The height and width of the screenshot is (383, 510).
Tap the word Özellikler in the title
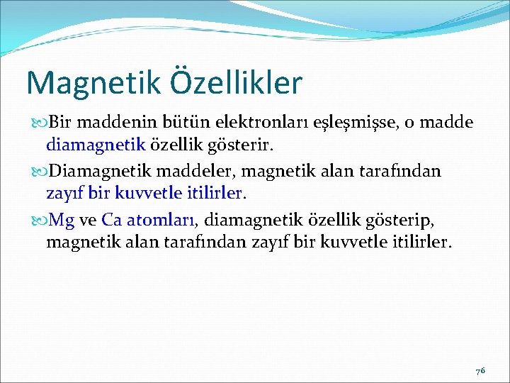(x=235, y=82)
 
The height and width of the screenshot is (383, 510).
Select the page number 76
(x=480, y=371)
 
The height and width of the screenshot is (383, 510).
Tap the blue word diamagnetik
(x=96, y=145)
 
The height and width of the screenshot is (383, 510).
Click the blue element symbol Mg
(x=62, y=221)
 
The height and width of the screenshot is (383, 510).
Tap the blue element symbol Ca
(x=112, y=221)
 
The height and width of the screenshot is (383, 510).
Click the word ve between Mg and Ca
(x=88, y=221)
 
